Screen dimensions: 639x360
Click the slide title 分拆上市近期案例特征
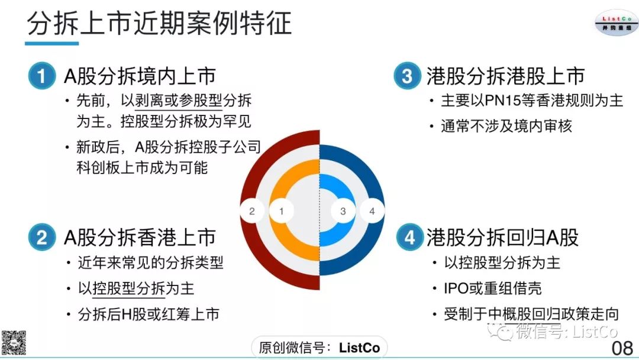pos(159,23)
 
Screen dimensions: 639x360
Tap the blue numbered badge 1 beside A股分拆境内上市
pos(42,76)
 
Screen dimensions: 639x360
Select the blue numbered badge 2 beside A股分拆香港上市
pos(42,237)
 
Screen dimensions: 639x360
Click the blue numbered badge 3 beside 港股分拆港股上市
pos(407,76)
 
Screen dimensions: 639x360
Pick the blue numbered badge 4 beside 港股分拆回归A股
pos(410,237)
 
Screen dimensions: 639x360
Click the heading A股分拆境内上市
pos(140,76)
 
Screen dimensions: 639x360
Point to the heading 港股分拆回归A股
pos(502,237)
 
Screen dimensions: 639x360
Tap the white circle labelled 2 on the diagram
pos(252,211)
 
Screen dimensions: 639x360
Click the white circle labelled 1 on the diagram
pos(281,211)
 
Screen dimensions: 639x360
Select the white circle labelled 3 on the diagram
pos(343,211)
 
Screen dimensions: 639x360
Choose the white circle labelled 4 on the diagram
pos(372,211)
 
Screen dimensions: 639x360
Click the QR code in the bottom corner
pos(14,342)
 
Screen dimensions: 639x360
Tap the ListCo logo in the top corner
pos(616,23)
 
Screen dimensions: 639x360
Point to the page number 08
pos(622,348)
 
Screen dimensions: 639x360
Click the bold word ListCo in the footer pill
pos(360,348)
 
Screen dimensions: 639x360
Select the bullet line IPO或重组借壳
pos(493,288)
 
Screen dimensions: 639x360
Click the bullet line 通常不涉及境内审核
pos(506,126)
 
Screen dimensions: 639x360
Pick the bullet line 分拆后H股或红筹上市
pos(149,314)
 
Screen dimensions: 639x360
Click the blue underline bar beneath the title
pos(51,43)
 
